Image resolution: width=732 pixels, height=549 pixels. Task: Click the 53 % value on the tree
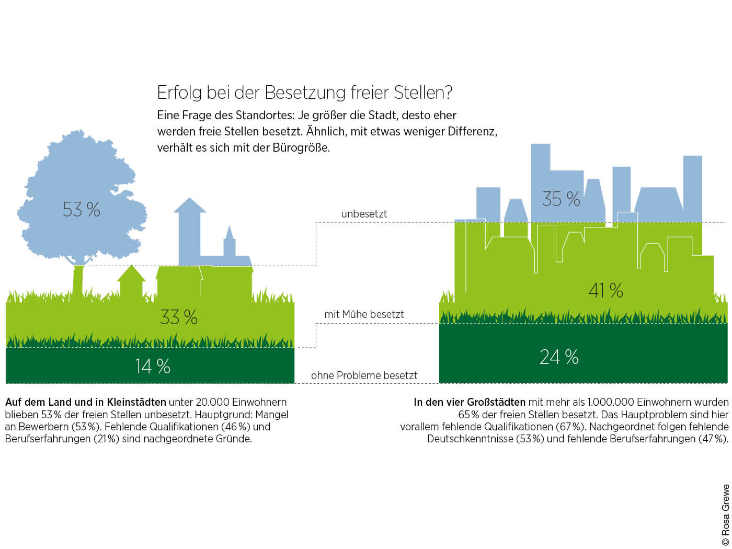81,210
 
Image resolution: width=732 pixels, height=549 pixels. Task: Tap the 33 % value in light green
178,317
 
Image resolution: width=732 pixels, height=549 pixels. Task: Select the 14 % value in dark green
153,366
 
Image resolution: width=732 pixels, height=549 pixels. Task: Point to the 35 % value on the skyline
561,199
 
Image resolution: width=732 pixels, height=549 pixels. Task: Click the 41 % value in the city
605,290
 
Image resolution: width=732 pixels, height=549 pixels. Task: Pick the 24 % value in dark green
559,357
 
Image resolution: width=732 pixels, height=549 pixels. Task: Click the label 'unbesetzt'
364,214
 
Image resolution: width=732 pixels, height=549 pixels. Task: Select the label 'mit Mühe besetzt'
364,314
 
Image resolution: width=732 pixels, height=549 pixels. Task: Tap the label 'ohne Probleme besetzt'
364,375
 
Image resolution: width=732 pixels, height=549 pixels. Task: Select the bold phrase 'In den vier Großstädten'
469,402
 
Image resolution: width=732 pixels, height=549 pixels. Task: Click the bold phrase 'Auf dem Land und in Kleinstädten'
85,402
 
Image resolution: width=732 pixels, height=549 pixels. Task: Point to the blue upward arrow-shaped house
189,230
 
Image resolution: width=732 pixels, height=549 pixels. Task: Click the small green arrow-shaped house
131,282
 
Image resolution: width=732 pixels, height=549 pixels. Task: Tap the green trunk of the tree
78,282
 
